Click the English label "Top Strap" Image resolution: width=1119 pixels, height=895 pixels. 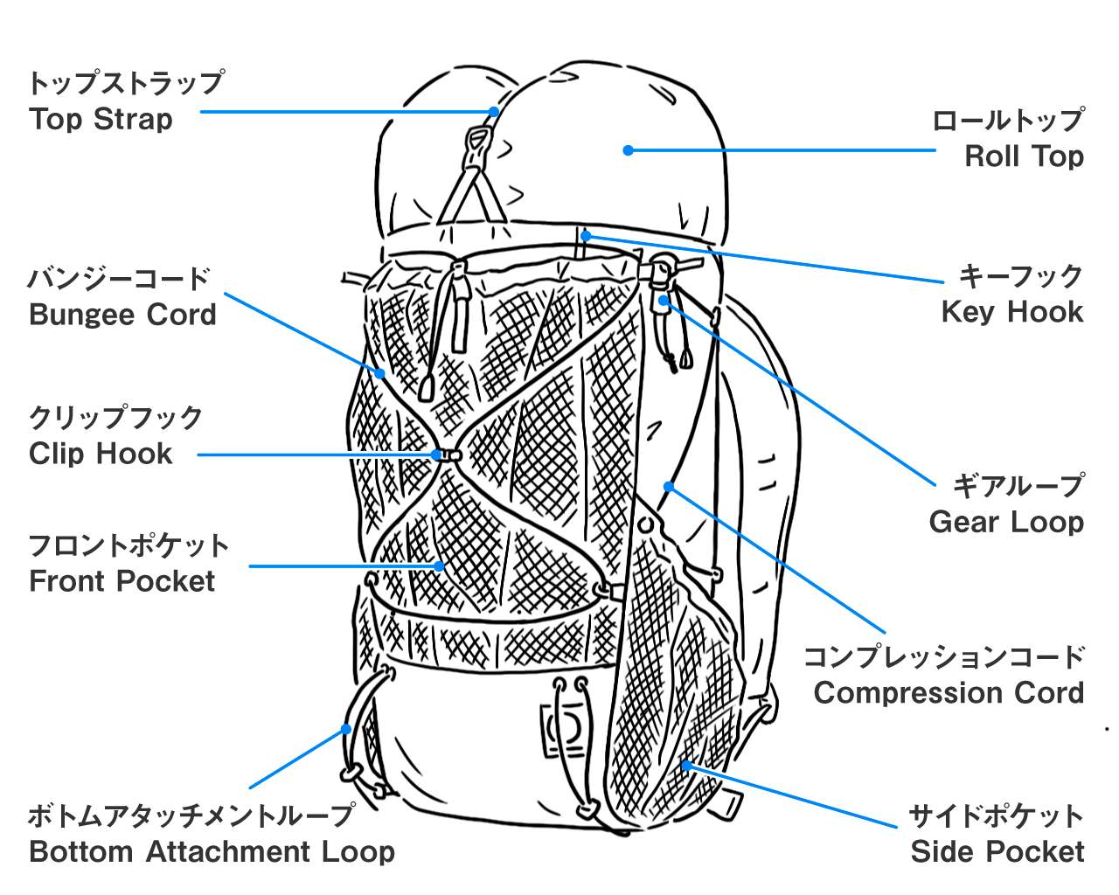(101, 119)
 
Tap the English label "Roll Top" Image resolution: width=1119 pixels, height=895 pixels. (1024, 156)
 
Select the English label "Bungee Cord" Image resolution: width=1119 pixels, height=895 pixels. (122, 315)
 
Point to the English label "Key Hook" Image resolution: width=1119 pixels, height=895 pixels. (1011, 312)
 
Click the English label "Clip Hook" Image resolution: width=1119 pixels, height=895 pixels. (101, 454)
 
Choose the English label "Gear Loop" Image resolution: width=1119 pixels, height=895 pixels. (1006, 522)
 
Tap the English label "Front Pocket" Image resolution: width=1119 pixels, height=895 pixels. (122, 581)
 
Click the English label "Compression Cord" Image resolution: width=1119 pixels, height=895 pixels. (949, 693)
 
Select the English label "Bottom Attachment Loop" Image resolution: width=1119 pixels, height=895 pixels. (212, 851)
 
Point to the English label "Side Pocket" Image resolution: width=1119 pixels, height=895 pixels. (997, 851)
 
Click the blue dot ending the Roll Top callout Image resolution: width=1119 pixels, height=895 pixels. (628, 150)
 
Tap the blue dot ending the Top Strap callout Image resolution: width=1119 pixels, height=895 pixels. (494, 112)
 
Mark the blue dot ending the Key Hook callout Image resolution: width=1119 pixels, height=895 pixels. (587, 236)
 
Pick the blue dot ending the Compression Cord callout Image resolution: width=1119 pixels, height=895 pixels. (669, 487)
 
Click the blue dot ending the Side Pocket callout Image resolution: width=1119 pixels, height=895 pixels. (686, 766)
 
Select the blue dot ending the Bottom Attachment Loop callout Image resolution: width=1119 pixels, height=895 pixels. (346, 729)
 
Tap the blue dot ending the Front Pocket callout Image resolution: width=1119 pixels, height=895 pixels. (440, 566)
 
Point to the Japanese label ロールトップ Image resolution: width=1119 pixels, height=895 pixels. (1008, 121)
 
